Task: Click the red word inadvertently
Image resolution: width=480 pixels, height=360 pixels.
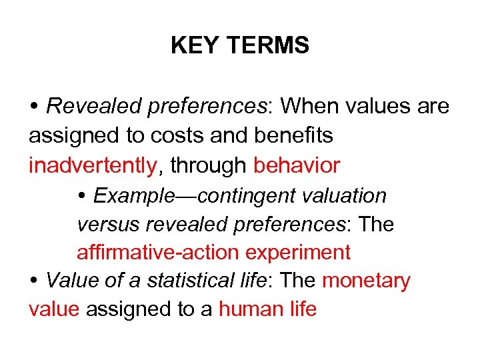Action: [x=92, y=165]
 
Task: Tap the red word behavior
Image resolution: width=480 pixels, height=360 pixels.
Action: [x=297, y=165]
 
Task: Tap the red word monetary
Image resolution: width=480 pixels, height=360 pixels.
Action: [x=366, y=281]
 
